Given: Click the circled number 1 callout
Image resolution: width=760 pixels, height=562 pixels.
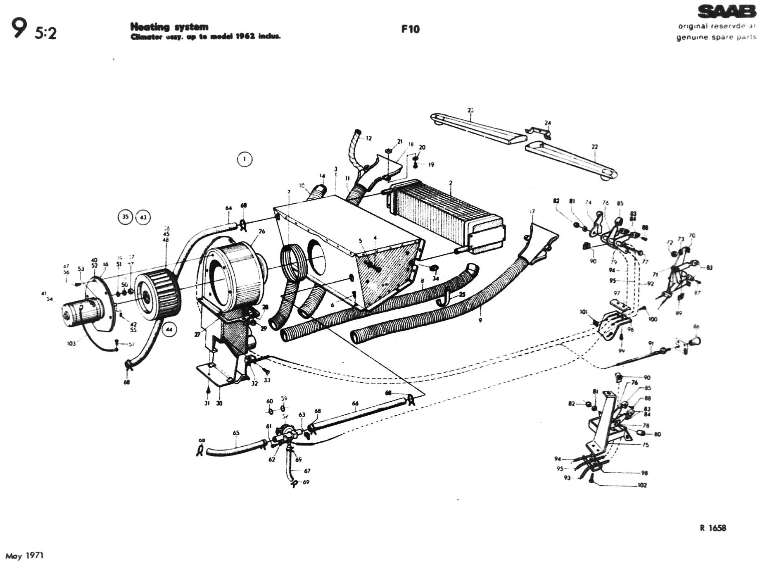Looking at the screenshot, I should click(x=245, y=159).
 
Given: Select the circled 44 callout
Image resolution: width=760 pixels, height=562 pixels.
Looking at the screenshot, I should click(x=169, y=329).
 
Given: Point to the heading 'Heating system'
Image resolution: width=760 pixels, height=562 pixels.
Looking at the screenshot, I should click(x=169, y=27).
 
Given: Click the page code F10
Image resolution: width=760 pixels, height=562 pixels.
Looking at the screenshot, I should click(x=410, y=29).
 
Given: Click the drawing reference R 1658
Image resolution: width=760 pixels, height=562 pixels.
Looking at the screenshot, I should click(x=713, y=528).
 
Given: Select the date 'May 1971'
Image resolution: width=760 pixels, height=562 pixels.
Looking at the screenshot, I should click(x=25, y=556).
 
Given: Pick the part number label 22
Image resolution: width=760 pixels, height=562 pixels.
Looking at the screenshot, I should click(x=595, y=147).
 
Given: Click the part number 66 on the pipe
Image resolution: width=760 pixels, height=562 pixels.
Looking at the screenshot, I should click(x=355, y=404).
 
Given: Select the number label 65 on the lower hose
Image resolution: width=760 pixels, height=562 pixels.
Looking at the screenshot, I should click(x=236, y=433).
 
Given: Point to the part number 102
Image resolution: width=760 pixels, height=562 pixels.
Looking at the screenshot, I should click(x=642, y=485).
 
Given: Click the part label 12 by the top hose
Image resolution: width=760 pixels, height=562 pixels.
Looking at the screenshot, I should click(x=369, y=138).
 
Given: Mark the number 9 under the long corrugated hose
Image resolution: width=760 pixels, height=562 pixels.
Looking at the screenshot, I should click(x=480, y=320).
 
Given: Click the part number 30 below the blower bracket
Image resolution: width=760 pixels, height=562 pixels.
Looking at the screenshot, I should click(x=219, y=403).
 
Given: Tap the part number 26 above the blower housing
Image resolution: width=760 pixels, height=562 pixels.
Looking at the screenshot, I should click(x=262, y=231).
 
